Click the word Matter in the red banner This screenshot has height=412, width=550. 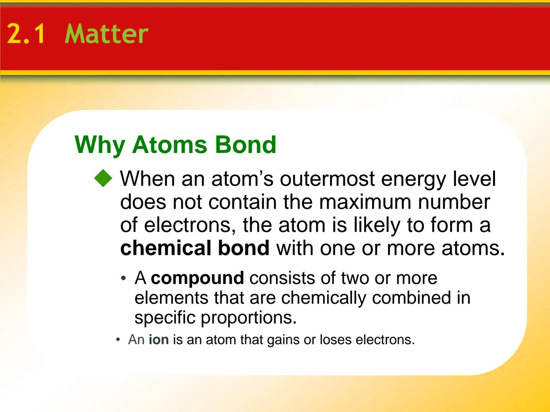[107, 34]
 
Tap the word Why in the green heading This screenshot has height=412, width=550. [100, 145]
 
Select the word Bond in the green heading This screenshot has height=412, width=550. [245, 145]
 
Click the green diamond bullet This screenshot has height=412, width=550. [104, 178]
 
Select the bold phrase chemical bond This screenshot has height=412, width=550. [195, 248]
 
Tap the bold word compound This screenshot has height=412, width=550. [197, 278]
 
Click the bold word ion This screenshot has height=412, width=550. [159, 340]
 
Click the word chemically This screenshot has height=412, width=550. [324, 298]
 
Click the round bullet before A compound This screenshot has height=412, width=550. [123, 279]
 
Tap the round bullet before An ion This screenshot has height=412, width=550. [118, 340]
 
